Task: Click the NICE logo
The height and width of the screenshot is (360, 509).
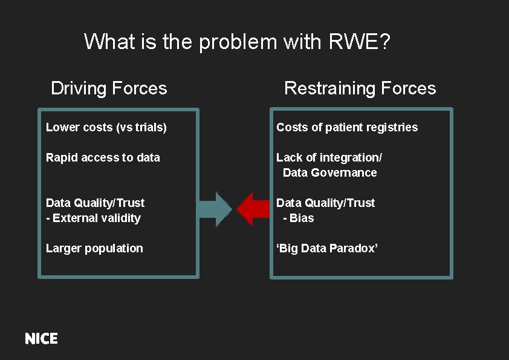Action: point(41,339)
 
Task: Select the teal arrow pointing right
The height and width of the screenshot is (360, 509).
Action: point(215,209)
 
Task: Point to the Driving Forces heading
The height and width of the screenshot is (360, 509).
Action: point(109,88)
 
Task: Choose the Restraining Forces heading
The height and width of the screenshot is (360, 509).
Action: point(360,88)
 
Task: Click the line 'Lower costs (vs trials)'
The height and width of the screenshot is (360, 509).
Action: point(106,127)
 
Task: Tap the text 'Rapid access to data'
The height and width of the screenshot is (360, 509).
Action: point(103,157)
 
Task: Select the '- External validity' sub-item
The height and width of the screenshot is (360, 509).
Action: point(93,218)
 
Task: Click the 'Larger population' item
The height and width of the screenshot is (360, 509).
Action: point(94,248)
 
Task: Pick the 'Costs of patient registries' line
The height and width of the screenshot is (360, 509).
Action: point(347,127)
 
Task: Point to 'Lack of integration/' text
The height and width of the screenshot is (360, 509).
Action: point(329,157)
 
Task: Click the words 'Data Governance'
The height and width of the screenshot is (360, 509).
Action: point(329,172)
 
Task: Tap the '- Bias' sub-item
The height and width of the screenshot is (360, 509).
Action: point(299,218)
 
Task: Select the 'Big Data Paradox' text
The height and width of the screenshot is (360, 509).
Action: point(327,248)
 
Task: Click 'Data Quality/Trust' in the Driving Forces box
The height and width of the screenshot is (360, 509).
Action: point(96,203)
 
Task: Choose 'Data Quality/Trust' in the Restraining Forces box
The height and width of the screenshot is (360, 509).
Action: point(326,203)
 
